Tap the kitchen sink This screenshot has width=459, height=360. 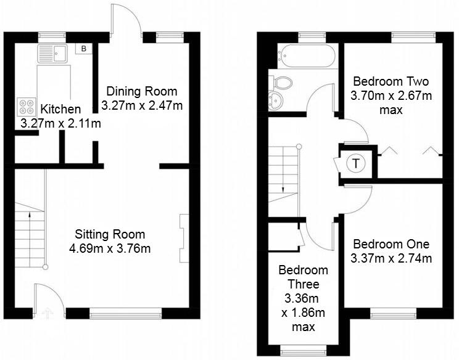[51, 53]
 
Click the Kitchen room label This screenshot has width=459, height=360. [60, 109]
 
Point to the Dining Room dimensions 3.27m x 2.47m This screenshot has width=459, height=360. [143, 105]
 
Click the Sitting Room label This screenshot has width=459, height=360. [110, 234]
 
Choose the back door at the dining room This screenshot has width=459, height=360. [125, 18]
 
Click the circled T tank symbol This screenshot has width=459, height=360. [355, 164]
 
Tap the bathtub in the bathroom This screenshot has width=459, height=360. [307, 56]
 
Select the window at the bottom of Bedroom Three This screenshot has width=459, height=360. [303, 351]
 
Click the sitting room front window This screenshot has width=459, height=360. [126, 313]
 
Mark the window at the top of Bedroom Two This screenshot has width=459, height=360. [410, 36]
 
